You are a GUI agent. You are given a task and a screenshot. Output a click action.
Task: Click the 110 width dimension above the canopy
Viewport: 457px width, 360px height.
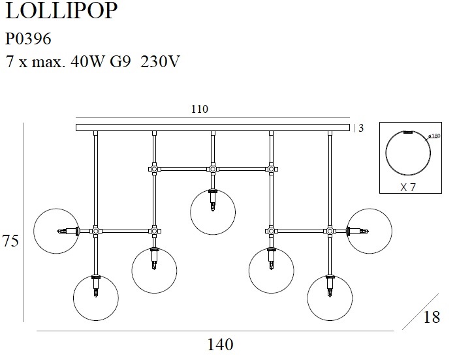click(x=200, y=110)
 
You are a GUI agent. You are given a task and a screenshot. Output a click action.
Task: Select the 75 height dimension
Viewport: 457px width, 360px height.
click(x=10, y=241)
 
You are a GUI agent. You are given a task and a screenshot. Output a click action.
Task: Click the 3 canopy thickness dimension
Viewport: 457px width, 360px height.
click(x=361, y=128)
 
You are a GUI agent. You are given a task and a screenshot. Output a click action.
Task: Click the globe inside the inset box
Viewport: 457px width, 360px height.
click(x=408, y=153)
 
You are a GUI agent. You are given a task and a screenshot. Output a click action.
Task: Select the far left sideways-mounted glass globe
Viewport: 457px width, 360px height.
click(x=55, y=231)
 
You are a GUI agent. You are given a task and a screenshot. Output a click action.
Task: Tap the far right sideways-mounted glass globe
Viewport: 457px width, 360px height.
click(x=370, y=231)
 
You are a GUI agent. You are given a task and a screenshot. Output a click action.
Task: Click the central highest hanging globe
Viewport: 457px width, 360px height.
click(x=213, y=211)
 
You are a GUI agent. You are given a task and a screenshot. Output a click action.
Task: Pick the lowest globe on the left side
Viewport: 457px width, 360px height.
click(x=96, y=297)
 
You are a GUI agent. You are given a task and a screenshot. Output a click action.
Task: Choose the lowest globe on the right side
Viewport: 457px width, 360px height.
click(x=330, y=297)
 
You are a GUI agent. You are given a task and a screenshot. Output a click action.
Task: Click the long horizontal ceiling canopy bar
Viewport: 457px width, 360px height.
click(x=213, y=127)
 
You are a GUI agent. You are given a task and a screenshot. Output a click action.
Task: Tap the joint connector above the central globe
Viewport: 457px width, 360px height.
click(x=213, y=169)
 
